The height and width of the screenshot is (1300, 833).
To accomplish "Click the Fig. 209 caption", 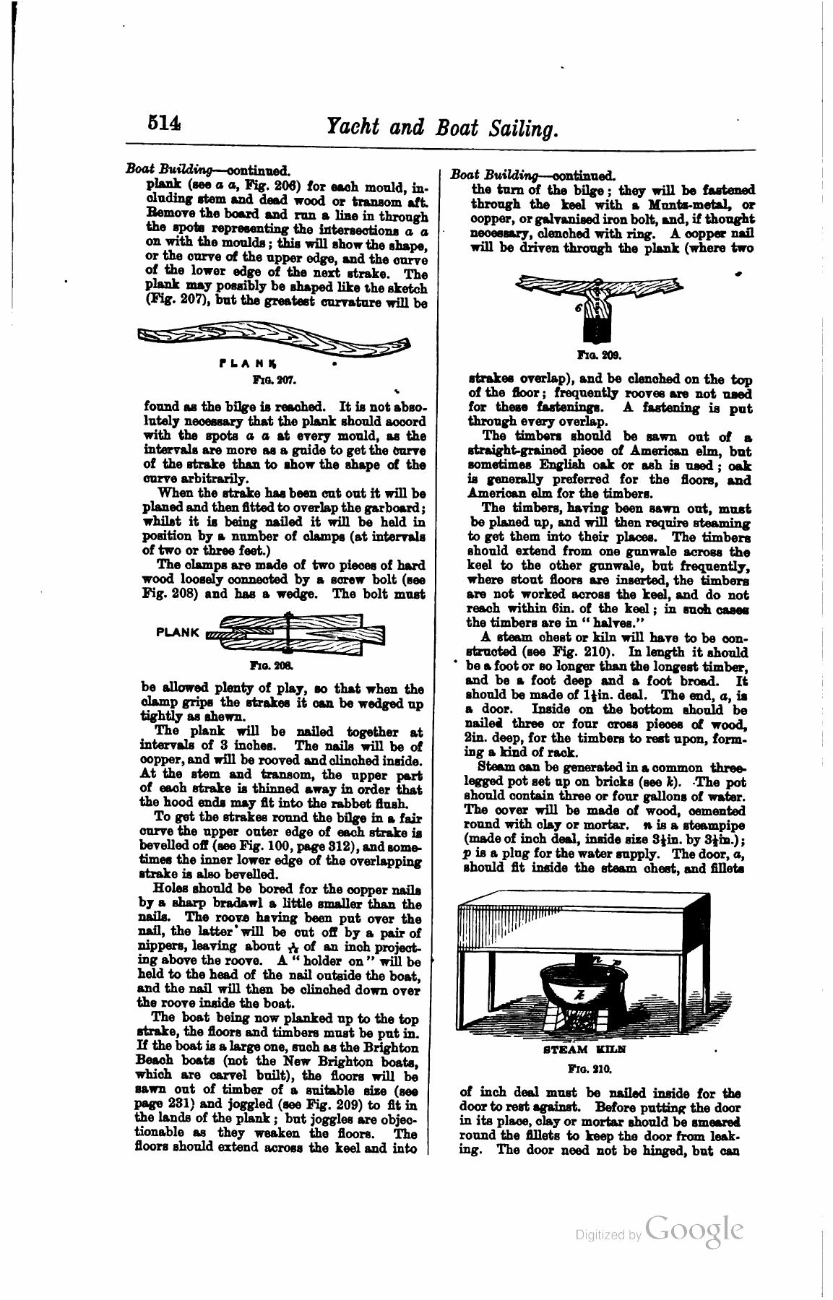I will pos(595,355).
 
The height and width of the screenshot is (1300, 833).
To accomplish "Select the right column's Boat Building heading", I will pos(494,175).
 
